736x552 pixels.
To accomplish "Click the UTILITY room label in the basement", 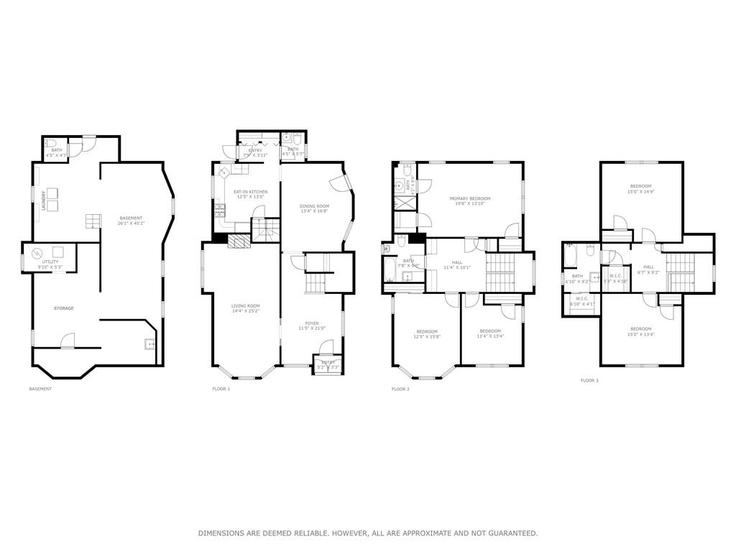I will (x=50, y=262).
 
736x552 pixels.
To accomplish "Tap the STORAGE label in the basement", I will (x=63, y=308).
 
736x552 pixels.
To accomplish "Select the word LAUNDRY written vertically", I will (x=44, y=200).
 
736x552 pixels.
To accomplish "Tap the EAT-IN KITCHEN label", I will (x=250, y=192).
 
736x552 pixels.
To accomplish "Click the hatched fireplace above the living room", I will (x=238, y=241).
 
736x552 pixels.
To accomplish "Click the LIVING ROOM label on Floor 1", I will (x=245, y=305).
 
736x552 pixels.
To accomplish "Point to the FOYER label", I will (x=312, y=323).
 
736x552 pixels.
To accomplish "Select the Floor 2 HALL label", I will (x=456, y=262).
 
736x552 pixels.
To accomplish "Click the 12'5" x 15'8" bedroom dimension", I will (x=426, y=337).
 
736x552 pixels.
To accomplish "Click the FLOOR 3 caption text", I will (x=589, y=380).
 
